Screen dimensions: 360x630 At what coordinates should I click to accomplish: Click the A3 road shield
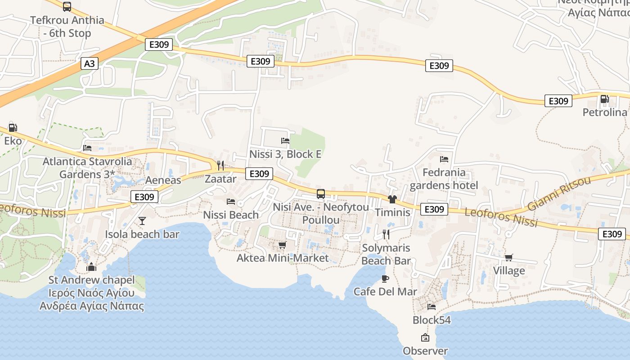[90, 63]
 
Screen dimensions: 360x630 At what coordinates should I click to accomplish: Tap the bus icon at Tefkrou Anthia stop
[67, 6]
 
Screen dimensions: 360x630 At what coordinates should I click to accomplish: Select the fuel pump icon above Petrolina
[604, 99]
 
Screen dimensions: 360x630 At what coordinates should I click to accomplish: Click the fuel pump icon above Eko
[13, 128]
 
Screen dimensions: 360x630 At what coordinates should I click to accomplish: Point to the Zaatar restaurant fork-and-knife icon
[220, 165]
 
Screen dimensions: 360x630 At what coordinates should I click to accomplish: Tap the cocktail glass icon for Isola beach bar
[142, 220]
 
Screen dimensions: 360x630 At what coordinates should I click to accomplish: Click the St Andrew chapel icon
[91, 267]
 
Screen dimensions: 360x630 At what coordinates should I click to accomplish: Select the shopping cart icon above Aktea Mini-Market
[282, 245]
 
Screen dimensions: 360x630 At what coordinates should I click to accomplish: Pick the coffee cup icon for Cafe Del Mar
[385, 279]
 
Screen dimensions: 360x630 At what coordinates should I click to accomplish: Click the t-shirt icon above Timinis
[392, 199]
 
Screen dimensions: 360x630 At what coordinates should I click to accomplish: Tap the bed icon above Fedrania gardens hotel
[444, 159]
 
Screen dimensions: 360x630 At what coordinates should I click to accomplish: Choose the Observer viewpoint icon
[425, 337]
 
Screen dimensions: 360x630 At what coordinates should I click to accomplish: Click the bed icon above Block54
[432, 307]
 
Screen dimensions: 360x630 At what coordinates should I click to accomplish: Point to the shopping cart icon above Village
[508, 257]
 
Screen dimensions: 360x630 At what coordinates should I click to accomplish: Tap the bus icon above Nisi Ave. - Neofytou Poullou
[321, 194]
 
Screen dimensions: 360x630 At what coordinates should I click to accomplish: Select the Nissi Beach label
[231, 215]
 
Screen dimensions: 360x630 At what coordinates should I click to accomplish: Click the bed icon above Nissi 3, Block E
[285, 141]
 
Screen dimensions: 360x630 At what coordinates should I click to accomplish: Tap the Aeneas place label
[163, 180]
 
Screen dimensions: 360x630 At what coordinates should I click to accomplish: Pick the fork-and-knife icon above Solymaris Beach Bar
[386, 234]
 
